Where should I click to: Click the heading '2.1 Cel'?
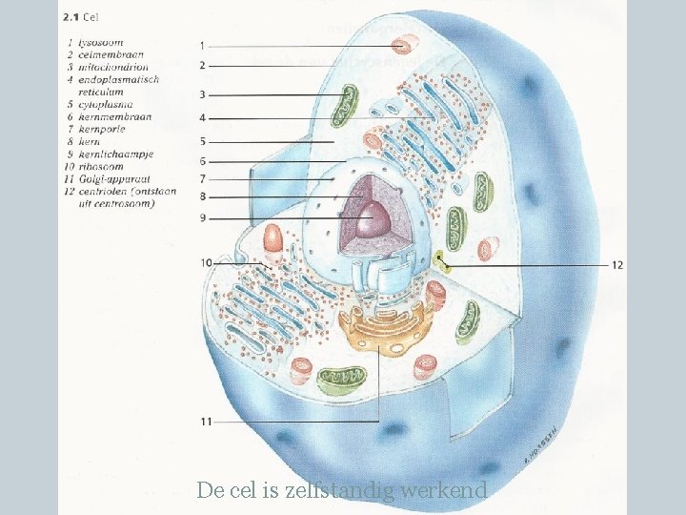coord(82,16)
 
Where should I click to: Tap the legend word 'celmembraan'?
coord(111,55)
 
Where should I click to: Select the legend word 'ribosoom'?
coord(102,166)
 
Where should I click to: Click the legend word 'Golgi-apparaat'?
coord(113,178)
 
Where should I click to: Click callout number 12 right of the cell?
coord(616,265)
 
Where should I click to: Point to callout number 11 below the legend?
coord(205,421)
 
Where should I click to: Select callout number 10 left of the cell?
coord(206,262)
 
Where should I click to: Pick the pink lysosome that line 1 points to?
coord(408,45)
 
